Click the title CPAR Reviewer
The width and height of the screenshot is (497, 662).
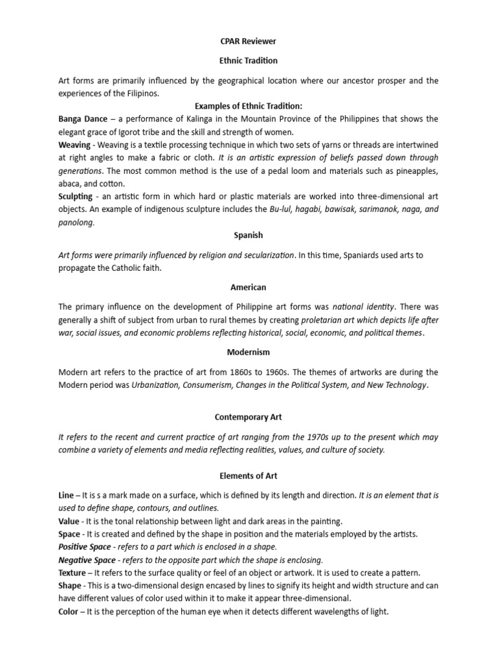[x=248, y=41]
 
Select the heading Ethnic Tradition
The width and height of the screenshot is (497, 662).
[x=248, y=61]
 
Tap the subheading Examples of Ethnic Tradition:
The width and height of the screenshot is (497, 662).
[x=248, y=106]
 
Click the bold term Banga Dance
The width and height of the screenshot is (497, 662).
[x=83, y=119]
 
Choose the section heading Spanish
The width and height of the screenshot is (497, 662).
[x=248, y=235]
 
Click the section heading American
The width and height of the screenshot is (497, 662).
[x=248, y=287]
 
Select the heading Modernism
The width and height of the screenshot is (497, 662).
[x=248, y=352]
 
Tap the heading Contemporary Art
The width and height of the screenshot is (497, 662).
[x=248, y=418]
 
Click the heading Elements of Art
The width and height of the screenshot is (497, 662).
[x=248, y=476]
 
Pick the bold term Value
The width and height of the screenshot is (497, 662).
[x=69, y=521]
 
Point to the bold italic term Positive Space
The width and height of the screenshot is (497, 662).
[x=85, y=547]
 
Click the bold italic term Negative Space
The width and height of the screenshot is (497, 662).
[x=87, y=560]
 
